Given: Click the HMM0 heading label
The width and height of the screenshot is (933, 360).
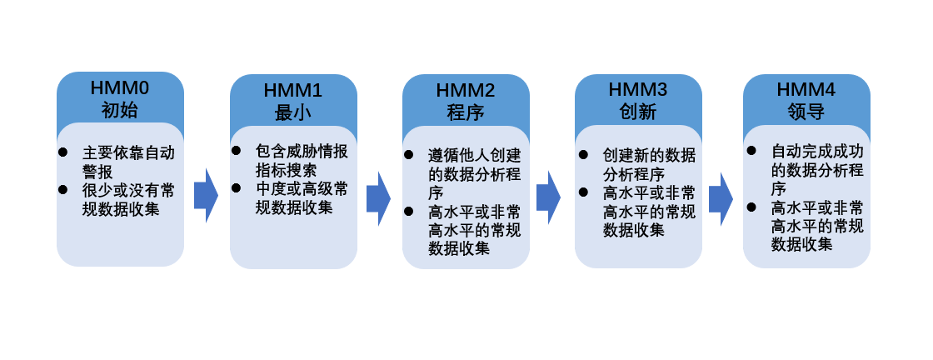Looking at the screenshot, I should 120,87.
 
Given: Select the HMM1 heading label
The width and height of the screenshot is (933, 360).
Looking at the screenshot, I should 292,90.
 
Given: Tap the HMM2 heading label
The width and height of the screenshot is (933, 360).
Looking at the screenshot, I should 466,90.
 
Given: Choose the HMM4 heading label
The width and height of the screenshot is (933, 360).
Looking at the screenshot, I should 806,90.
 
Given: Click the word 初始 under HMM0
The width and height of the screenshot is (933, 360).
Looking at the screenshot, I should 120,109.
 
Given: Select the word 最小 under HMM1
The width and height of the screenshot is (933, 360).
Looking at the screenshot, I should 292,112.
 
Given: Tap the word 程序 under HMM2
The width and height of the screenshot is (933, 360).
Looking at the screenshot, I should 466,112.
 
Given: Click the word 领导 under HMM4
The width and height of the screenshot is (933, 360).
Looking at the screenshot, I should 806,112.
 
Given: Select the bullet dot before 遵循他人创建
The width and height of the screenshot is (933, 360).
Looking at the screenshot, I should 410,154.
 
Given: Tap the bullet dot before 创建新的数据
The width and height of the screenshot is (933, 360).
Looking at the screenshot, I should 583,155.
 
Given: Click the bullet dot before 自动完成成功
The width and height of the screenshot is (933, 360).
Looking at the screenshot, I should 751,151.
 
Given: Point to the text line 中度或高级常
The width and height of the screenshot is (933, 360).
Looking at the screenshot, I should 302,189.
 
